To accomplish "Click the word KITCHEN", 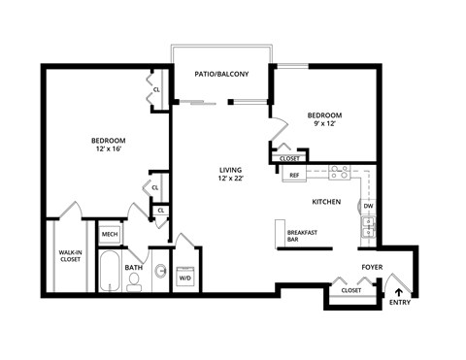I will (325, 202).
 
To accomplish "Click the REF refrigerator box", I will (293, 176).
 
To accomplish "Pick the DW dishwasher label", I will (368, 207).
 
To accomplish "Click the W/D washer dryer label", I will (185, 279).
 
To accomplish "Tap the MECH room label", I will (109, 234).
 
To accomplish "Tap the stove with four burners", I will (339, 173).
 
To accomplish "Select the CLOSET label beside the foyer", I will (350, 289).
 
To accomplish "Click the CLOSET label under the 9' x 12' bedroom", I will (289, 158).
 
